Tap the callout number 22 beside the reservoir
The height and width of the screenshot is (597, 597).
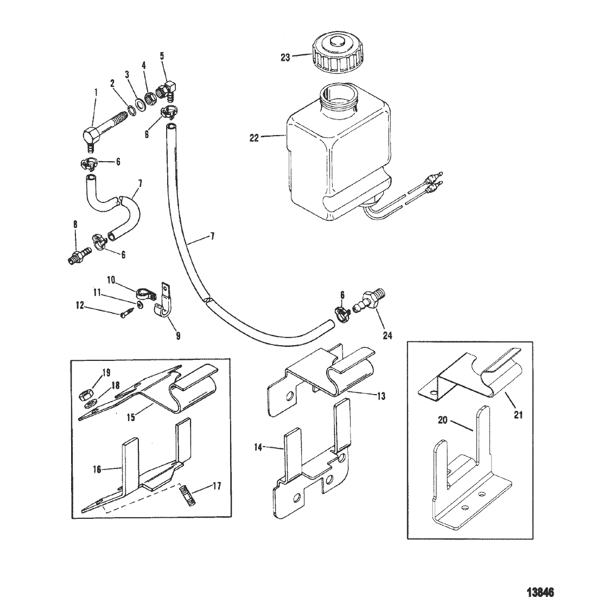coord(254,138)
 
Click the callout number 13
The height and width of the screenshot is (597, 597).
coord(380,396)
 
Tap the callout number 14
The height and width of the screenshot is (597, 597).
coord(258,447)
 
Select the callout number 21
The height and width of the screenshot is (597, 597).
coord(518,414)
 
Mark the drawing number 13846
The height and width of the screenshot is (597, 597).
coord(540,592)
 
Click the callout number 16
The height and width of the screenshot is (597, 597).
coord(97,469)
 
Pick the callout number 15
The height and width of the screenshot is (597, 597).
coord(131,417)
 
